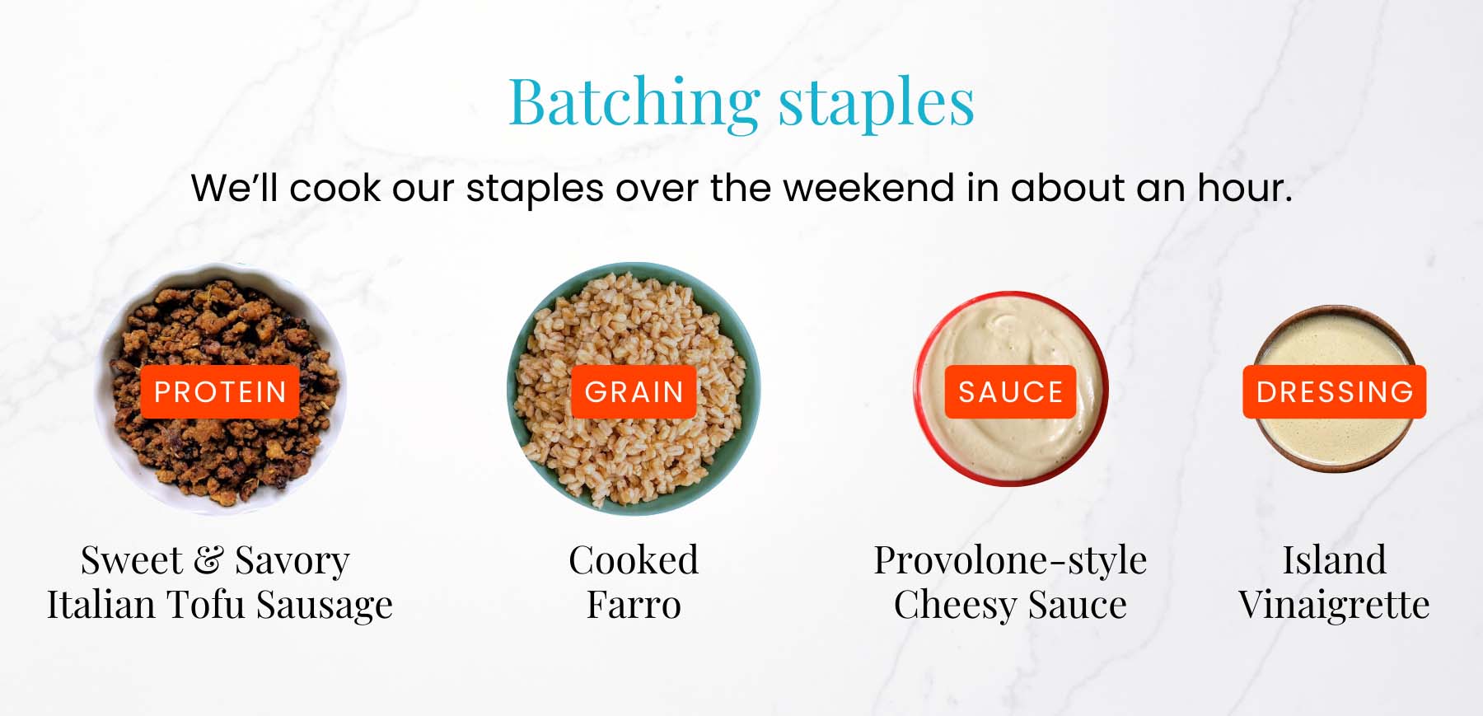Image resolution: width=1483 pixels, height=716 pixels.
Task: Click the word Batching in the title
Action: coord(634,103)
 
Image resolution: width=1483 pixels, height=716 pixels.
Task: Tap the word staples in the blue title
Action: coord(877,105)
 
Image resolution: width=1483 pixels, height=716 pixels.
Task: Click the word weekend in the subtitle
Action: coord(869,188)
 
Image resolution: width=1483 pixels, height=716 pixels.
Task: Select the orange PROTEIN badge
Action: coord(220,391)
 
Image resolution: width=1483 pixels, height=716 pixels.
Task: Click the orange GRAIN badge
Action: coord(634,391)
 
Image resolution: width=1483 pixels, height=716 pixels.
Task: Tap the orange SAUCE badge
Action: coord(1010,391)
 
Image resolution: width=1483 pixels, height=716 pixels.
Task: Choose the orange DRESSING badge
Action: coord(1335,391)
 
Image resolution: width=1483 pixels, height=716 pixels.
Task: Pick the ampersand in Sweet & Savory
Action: coord(208,560)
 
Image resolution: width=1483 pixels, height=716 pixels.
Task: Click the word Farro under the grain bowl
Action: coord(634,605)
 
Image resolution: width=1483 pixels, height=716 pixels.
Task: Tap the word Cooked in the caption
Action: coord(634,560)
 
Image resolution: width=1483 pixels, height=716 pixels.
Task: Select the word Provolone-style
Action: coord(1010,561)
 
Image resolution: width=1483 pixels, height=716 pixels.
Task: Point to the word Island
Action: coord(1334,560)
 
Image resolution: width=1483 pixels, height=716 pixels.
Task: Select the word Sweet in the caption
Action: coord(132,560)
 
